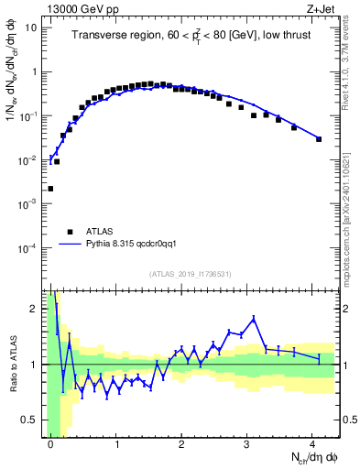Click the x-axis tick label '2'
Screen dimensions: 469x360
click(x=182, y=443)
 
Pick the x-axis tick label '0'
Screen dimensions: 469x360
click(x=50, y=443)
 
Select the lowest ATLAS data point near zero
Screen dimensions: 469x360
click(x=50, y=189)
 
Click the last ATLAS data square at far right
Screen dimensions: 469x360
click(x=319, y=139)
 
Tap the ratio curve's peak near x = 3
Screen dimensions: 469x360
click(x=253, y=318)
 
